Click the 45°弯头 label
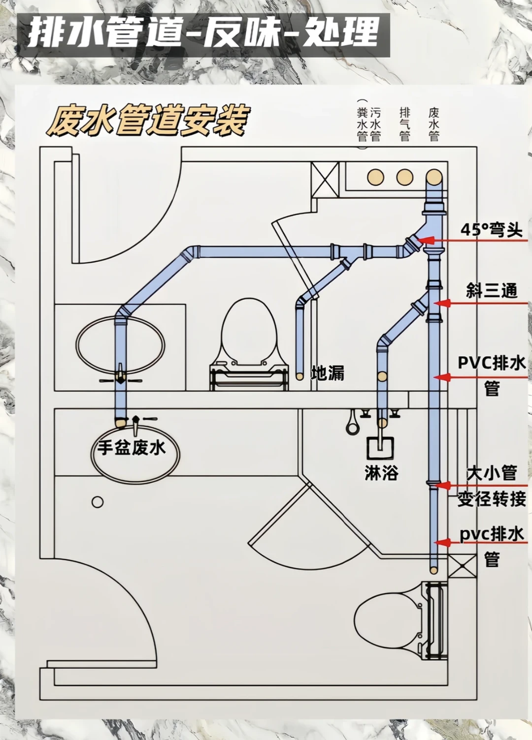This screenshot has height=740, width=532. [491, 229]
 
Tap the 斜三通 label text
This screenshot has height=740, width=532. [491, 291]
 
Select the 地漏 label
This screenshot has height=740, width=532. [328, 373]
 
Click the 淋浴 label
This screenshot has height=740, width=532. [381, 473]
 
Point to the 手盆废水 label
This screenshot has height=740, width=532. [131, 448]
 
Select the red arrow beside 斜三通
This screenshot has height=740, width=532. [441, 303]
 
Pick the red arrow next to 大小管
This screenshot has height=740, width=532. [443, 486]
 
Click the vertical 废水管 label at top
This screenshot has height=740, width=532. [434, 124]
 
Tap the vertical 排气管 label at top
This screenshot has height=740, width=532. [405, 124]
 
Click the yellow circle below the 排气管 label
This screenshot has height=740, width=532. [405, 177]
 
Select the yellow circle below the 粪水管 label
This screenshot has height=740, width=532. [375, 177]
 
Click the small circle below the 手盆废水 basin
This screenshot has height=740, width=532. [98, 502]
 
